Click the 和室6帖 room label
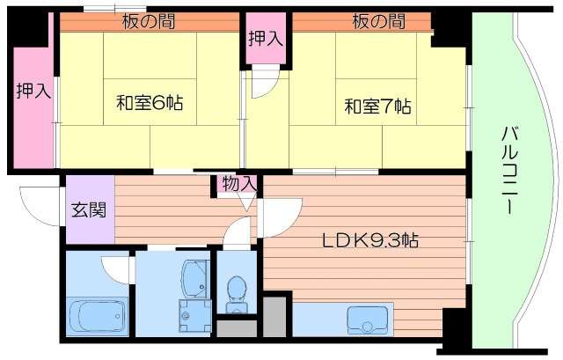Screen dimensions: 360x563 tap(150, 102)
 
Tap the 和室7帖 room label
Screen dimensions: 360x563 tap(377, 107)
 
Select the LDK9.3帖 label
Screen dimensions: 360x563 tap(369, 239)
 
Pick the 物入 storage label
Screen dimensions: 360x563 tap(239, 184)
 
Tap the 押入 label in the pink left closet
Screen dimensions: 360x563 tap(32, 92)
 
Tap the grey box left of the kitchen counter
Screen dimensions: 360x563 tap(274, 317)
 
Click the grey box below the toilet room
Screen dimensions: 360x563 tap(235, 329)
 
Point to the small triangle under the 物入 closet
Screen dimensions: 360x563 tap(245, 202)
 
